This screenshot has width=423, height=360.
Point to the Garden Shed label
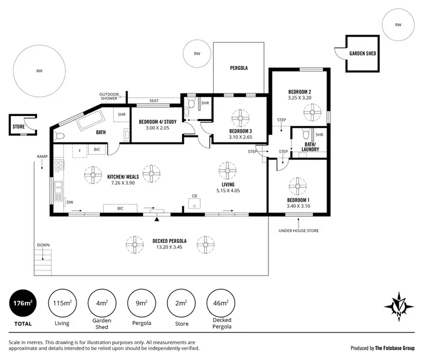point(363,54)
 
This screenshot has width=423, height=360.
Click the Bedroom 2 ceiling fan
point(311,112)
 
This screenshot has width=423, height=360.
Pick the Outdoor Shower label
point(109,96)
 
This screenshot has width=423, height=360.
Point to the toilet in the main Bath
point(60,136)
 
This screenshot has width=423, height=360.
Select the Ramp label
point(41,156)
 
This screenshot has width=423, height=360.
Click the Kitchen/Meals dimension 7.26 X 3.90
point(123,183)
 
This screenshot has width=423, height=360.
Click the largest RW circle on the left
point(39,72)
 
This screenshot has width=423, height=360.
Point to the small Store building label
point(19,127)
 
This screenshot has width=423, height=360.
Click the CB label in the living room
point(193,196)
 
